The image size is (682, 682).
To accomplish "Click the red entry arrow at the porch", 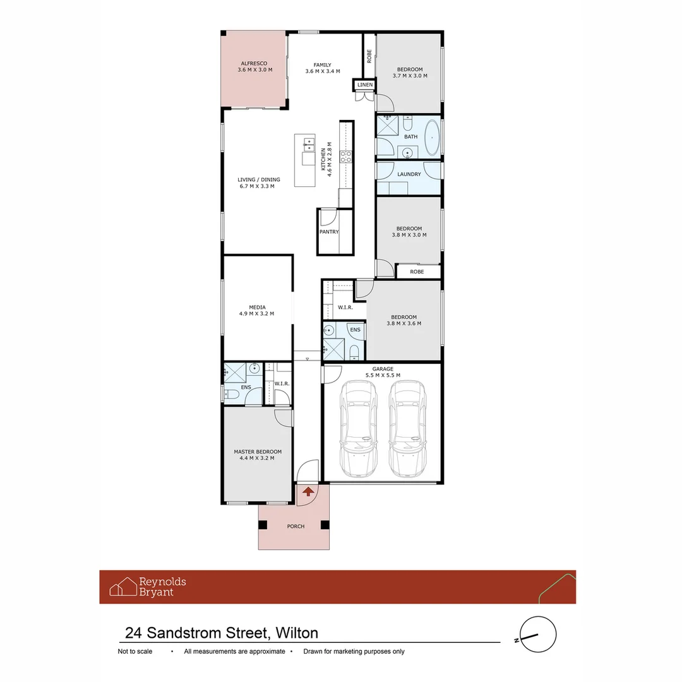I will (x=308, y=491).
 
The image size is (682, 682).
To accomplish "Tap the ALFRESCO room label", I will (x=254, y=64).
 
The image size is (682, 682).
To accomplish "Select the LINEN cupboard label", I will (x=365, y=85).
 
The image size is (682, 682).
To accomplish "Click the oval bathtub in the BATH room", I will (x=432, y=136).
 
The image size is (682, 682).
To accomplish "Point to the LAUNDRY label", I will (x=409, y=174).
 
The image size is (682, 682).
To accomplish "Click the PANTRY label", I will (x=329, y=232).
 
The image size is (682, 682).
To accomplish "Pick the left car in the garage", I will (x=358, y=429).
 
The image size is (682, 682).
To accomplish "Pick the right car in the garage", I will (x=407, y=429).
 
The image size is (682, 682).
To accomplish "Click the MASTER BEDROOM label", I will (x=258, y=452).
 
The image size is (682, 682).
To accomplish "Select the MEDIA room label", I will (x=256, y=308).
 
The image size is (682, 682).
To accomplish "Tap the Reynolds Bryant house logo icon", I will (x=123, y=587).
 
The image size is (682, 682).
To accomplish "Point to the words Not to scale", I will (x=135, y=652).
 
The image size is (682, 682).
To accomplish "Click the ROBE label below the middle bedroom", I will (x=417, y=272).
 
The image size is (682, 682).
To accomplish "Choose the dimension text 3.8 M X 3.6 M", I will (x=404, y=323).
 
